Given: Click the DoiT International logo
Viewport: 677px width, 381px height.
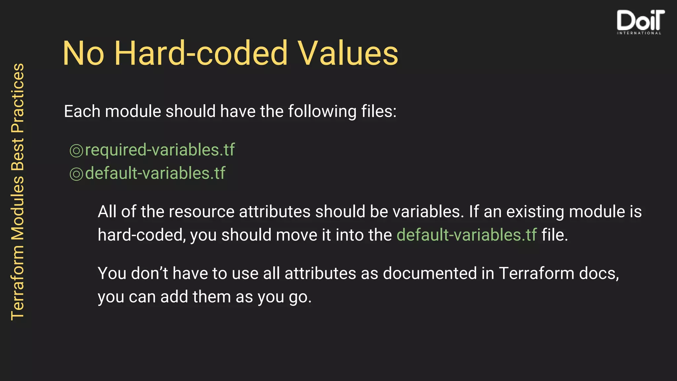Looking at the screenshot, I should [640, 22].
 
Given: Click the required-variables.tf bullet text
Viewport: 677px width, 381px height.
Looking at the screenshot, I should [160, 150].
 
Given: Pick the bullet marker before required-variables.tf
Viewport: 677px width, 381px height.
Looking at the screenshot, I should [76, 151].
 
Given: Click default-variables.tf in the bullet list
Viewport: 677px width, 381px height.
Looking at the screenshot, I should [155, 173].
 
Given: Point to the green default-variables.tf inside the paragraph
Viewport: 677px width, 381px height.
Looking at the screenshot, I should [466, 235].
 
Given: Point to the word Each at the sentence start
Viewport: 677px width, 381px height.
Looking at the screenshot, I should [82, 111].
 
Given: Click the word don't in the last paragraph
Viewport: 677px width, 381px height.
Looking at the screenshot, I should [149, 274].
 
